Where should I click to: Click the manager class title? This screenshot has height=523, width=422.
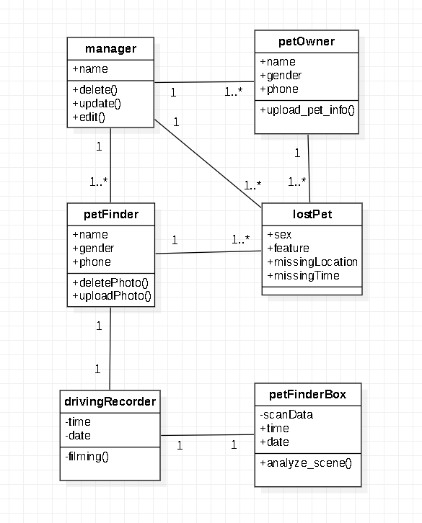(x=110, y=49)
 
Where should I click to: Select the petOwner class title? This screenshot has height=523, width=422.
(x=307, y=42)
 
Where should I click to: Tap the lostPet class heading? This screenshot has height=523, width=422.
(x=312, y=214)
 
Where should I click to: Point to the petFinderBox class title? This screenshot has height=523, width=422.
(x=307, y=394)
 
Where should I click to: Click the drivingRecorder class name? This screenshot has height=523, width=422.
(x=110, y=401)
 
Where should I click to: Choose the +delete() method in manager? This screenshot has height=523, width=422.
(x=94, y=89)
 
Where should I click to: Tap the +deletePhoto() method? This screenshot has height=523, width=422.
(x=110, y=282)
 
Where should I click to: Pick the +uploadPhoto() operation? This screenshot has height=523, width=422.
(x=112, y=296)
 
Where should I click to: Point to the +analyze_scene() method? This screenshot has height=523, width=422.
(x=306, y=462)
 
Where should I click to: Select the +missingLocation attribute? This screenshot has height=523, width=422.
(x=312, y=261)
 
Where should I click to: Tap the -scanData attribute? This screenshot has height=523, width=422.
(x=286, y=414)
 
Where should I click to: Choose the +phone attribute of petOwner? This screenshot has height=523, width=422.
(x=279, y=89)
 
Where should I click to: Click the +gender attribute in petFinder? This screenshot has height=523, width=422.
(x=93, y=248)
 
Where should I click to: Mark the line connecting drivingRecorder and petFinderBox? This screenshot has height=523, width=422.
(x=208, y=435)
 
